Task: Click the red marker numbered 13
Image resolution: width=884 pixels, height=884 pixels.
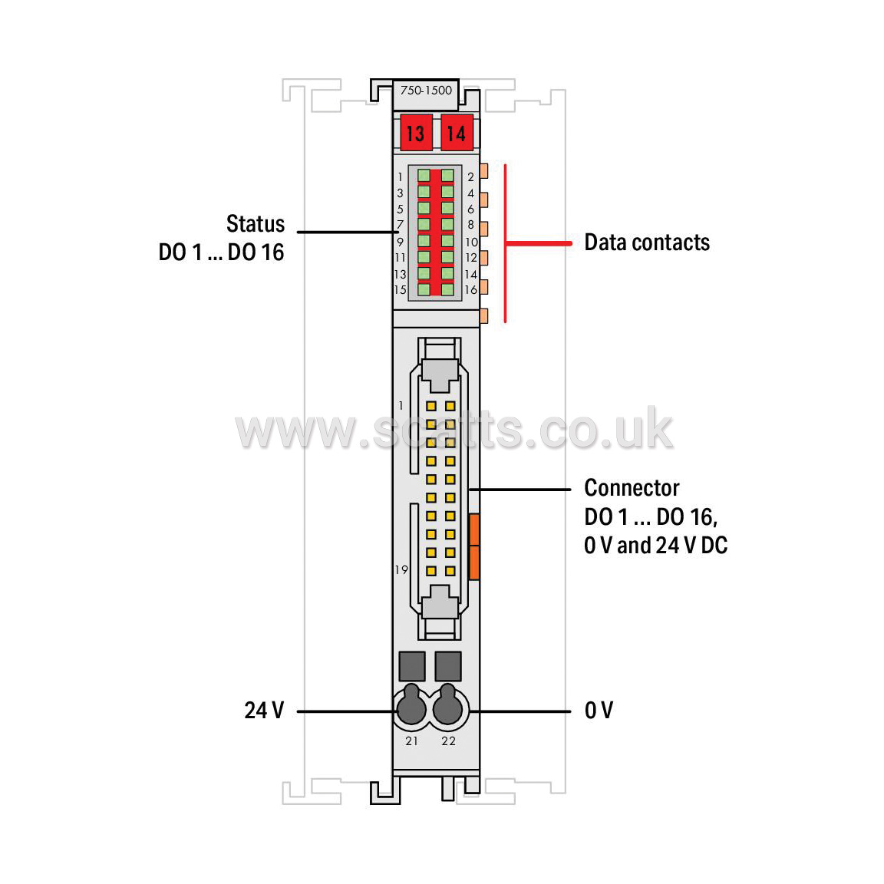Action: (416, 133)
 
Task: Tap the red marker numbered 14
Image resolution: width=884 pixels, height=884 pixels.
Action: (457, 133)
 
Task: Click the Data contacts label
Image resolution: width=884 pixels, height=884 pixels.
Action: (647, 242)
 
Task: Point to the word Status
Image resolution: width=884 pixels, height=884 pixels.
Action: (256, 224)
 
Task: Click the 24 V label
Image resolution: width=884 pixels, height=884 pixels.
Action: (264, 711)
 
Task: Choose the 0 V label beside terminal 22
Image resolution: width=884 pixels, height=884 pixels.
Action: (599, 711)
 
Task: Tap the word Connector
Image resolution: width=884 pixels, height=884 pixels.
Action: (632, 488)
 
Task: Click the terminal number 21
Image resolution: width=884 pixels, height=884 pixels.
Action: (411, 741)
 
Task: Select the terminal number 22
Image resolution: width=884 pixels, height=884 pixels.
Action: (448, 741)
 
